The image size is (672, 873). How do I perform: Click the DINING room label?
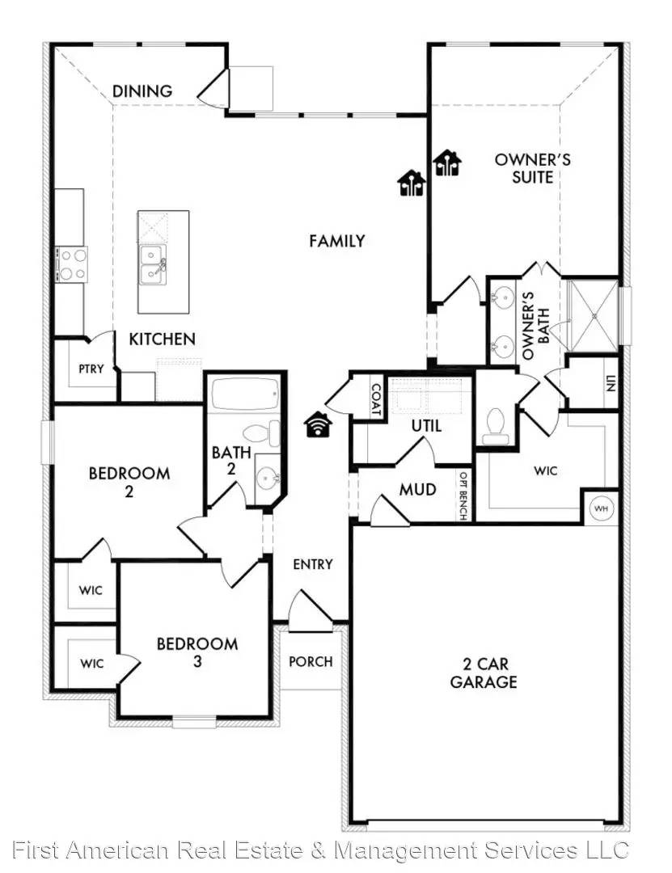[x=142, y=91]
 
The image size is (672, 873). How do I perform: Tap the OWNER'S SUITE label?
[x=532, y=167]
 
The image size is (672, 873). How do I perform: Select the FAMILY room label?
[x=336, y=240]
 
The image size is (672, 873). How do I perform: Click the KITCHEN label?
[x=162, y=339]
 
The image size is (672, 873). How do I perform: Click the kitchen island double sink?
[x=153, y=265]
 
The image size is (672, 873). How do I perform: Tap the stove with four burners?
[x=70, y=263]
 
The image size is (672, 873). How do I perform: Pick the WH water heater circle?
[x=600, y=508]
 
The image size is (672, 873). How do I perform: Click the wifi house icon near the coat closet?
[x=318, y=424]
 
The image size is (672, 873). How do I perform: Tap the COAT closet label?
[x=374, y=398]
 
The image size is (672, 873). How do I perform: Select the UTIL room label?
[x=426, y=425]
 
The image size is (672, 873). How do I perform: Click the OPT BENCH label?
[x=464, y=496]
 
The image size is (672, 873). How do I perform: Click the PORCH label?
[x=311, y=661]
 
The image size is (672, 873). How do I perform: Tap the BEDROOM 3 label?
[x=197, y=652]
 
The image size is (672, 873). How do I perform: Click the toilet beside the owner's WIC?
[x=494, y=425]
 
